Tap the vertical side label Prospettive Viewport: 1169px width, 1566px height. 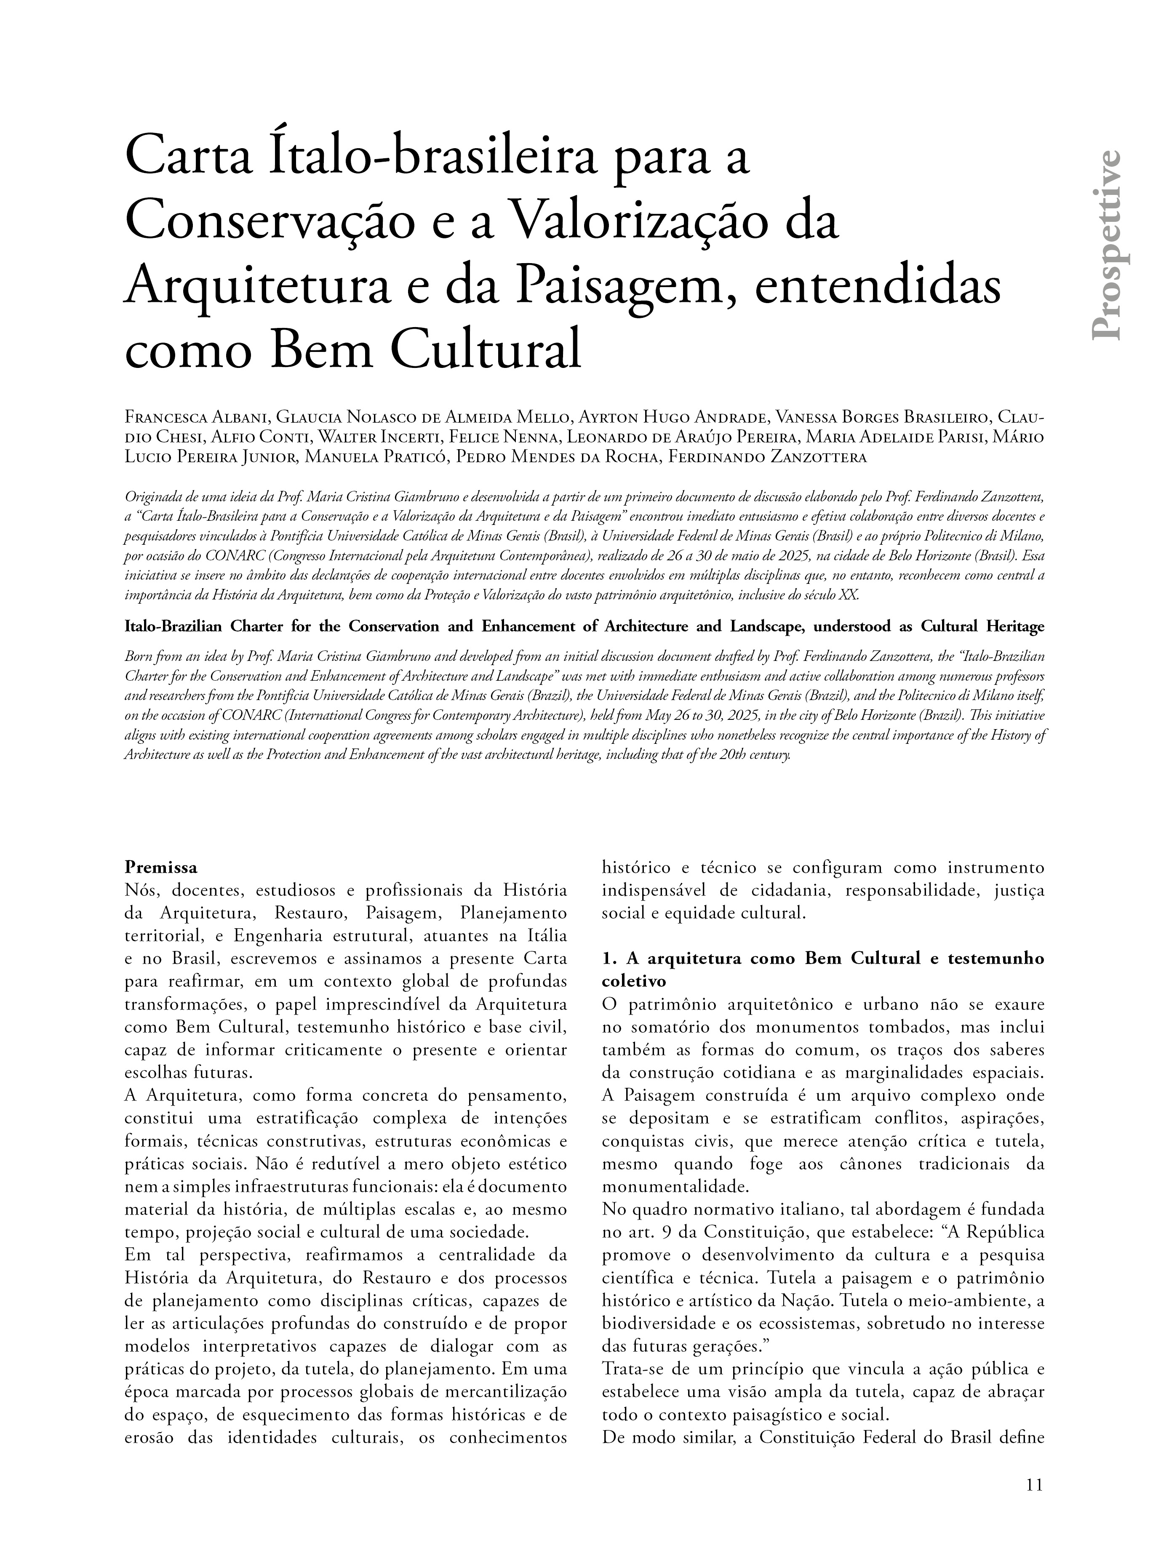tap(1105, 245)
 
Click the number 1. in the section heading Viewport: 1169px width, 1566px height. tap(610, 959)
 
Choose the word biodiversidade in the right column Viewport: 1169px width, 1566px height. tap(651, 1324)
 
